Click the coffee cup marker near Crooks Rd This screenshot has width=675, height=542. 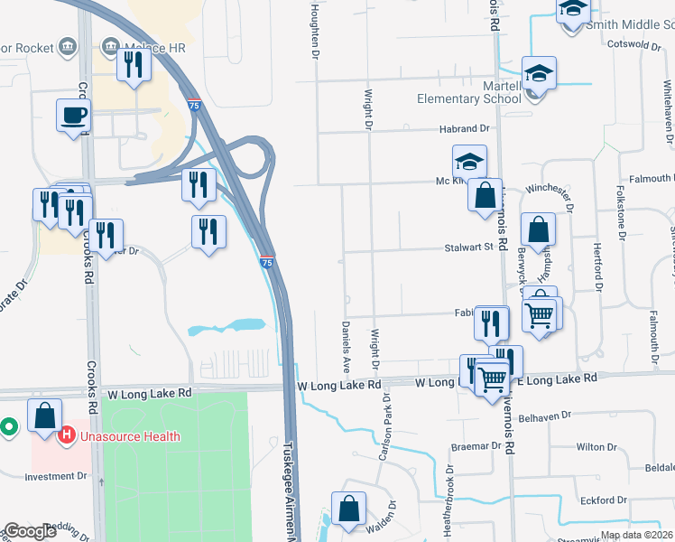pos(74,116)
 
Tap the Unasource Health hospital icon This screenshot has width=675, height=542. pos(66,437)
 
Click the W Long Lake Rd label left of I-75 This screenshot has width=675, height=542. pos(150,394)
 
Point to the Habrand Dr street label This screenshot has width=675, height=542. pos(464,129)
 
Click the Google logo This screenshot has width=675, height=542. pos(30,531)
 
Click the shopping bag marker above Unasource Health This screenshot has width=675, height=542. pos(45,416)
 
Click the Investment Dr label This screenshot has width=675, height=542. pos(56,475)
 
